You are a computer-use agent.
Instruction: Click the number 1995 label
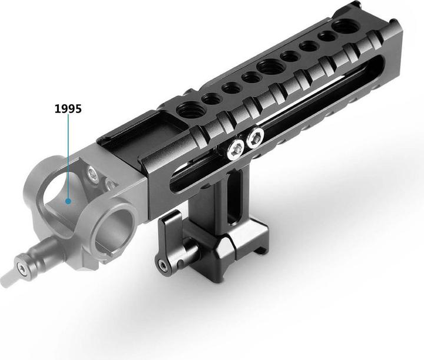coord(68,109)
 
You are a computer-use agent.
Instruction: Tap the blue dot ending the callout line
coord(68,201)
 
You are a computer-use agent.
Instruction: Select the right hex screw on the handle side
coord(255,139)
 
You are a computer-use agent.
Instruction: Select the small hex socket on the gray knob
coord(22,268)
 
